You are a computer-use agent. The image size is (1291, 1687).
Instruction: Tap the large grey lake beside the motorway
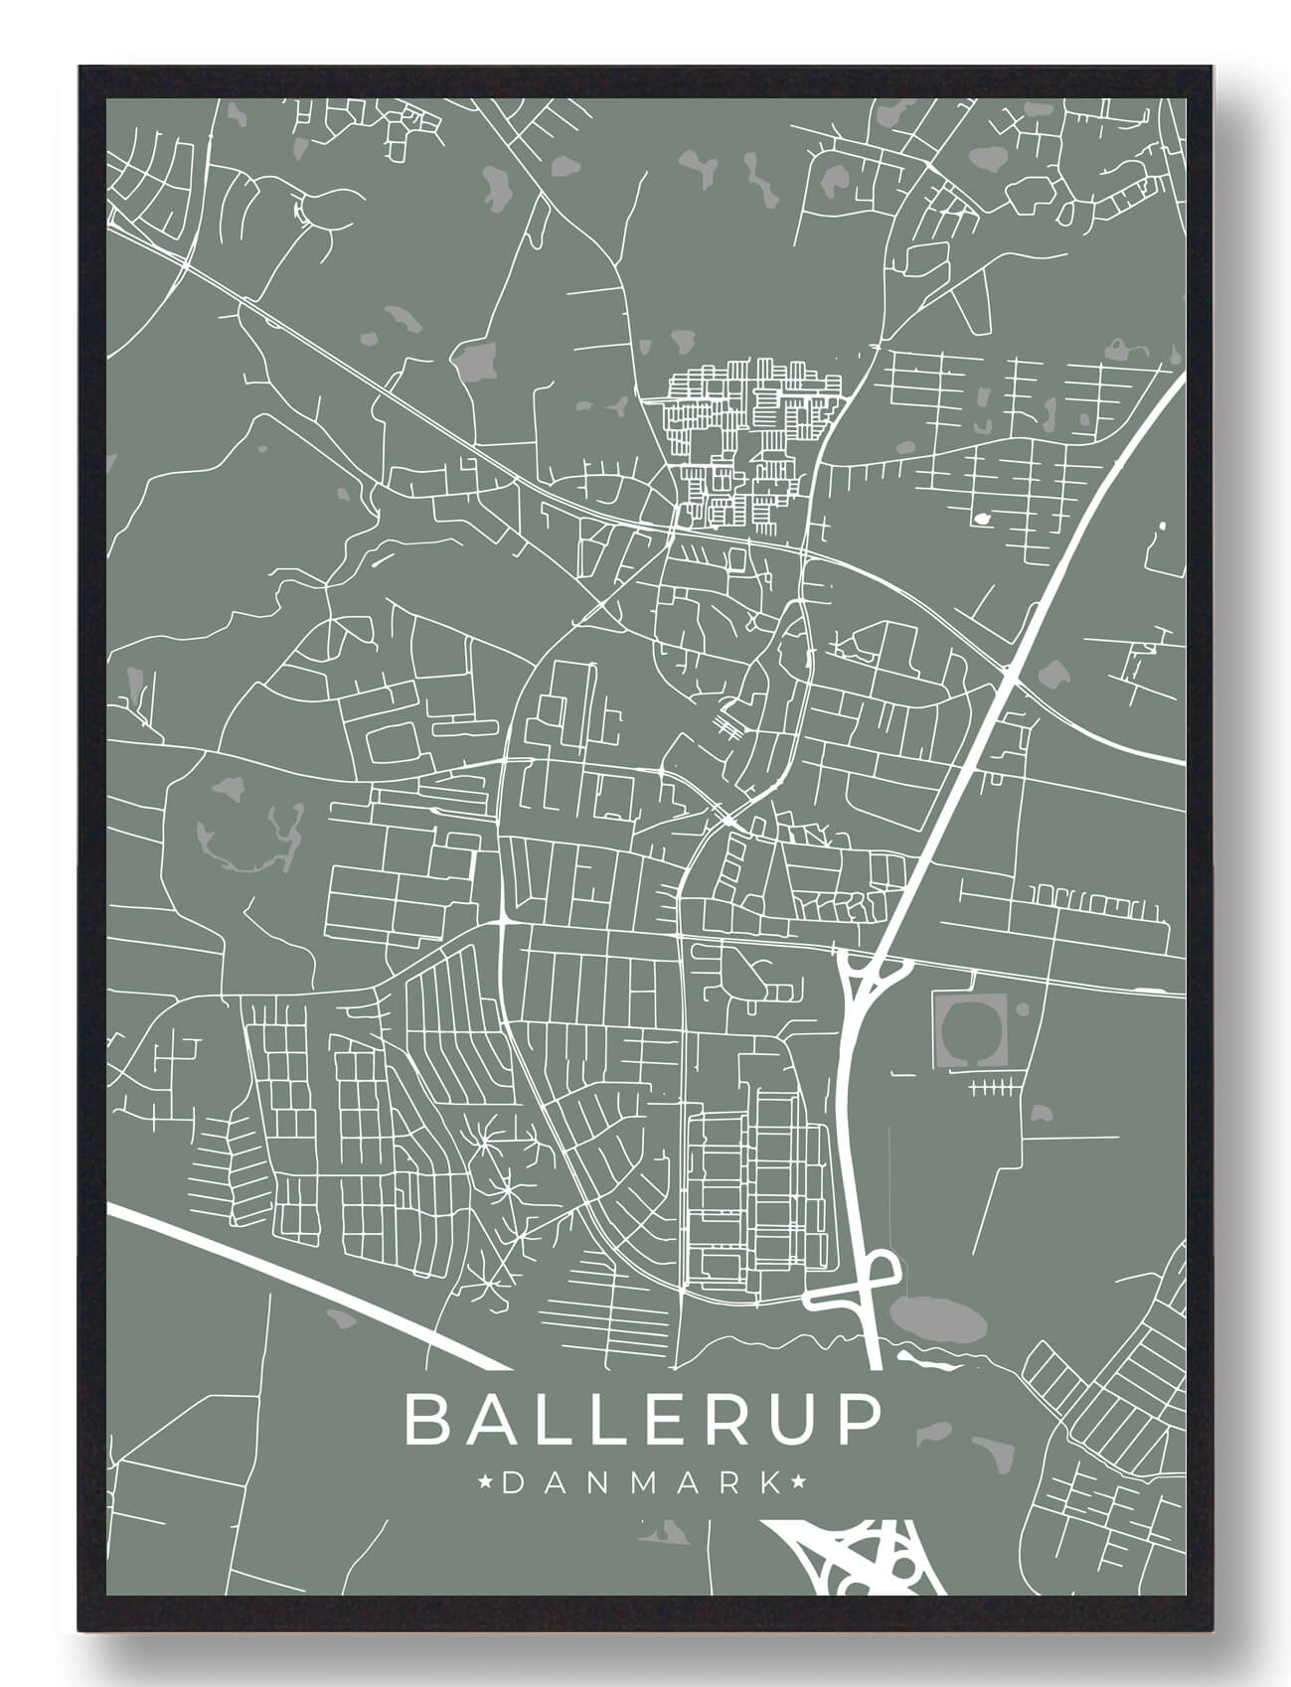[x=937, y=1317]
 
